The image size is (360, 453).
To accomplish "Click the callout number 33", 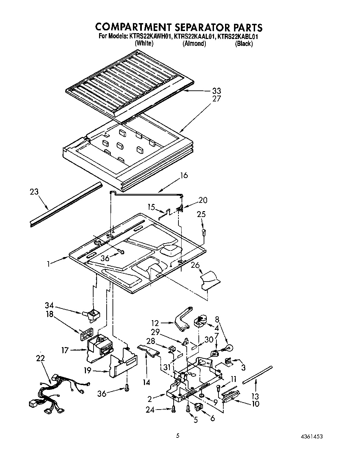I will pos(216,91).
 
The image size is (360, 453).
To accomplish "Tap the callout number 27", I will pos(216,99).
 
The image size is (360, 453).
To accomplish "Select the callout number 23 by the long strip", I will pos(34,192).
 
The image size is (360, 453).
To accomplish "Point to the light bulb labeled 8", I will pos(228,348).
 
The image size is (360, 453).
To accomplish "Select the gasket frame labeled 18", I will pos(86,333).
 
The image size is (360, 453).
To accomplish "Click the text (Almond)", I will pos(194,43).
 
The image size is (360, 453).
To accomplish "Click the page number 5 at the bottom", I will pos(178,436).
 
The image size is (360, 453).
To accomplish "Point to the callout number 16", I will pos(184,175).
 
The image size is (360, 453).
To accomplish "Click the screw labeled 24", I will pos(173,409).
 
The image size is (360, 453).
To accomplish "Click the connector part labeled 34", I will pos(91,315).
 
